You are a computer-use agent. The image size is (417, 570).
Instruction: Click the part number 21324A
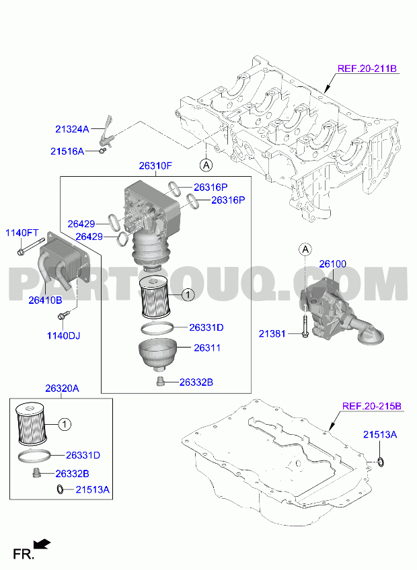pyautogui.click(x=72, y=128)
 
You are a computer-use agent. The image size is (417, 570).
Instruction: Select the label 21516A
pyautogui.click(x=67, y=151)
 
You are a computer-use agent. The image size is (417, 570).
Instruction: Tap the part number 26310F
pyautogui.click(x=155, y=166)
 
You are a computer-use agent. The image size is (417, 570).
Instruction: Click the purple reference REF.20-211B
pyautogui.click(x=367, y=69)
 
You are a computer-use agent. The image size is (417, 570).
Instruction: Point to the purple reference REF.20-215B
pyautogui.click(x=372, y=406)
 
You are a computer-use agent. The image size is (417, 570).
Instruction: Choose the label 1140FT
pyautogui.click(x=22, y=233)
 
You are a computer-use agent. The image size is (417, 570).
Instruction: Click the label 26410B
pyautogui.click(x=46, y=300)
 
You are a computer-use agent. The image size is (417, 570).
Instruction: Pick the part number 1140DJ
pyautogui.click(x=63, y=335)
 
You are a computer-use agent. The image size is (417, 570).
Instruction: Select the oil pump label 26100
pyautogui.click(x=332, y=264)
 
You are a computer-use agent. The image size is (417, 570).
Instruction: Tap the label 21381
pyautogui.click(x=272, y=333)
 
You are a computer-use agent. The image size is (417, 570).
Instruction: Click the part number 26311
pyautogui.click(x=207, y=348)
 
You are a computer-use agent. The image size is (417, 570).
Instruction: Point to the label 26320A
pyautogui.click(x=62, y=389)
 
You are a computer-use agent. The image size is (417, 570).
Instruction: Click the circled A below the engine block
pyautogui.click(x=206, y=165)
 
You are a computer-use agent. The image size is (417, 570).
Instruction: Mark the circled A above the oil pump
pyautogui.click(x=305, y=249)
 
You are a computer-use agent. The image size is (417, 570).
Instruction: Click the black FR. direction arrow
pyautogui.click(x=42, y=544)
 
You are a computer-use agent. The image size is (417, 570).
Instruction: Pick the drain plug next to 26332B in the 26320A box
pyautogui.click(x=36, y=473)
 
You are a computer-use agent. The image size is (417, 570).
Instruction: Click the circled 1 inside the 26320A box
pyautogui.click(x=65, y=424)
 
